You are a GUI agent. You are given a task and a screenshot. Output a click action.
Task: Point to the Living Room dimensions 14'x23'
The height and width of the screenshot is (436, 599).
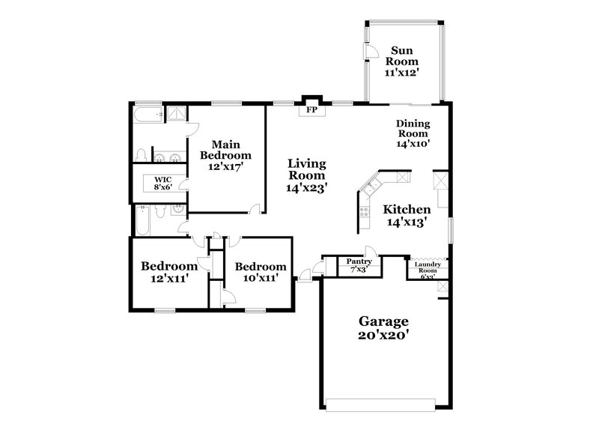point(307,188)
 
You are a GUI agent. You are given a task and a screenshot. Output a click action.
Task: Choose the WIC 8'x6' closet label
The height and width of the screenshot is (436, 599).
point(163,183)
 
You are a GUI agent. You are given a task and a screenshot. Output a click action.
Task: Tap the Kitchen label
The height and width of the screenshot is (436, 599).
point(407,210)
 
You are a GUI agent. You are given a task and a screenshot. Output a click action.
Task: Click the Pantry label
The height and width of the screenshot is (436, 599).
point(359,261)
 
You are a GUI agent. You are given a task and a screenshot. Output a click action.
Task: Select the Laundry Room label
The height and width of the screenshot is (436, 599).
point(428,264)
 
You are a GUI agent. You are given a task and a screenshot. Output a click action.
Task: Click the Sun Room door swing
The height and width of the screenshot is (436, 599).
point(371,49)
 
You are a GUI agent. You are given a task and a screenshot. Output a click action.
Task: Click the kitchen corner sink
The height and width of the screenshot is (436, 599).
point(371,182)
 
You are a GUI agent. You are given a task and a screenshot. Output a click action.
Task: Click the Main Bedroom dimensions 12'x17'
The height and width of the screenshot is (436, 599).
point(225,167)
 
